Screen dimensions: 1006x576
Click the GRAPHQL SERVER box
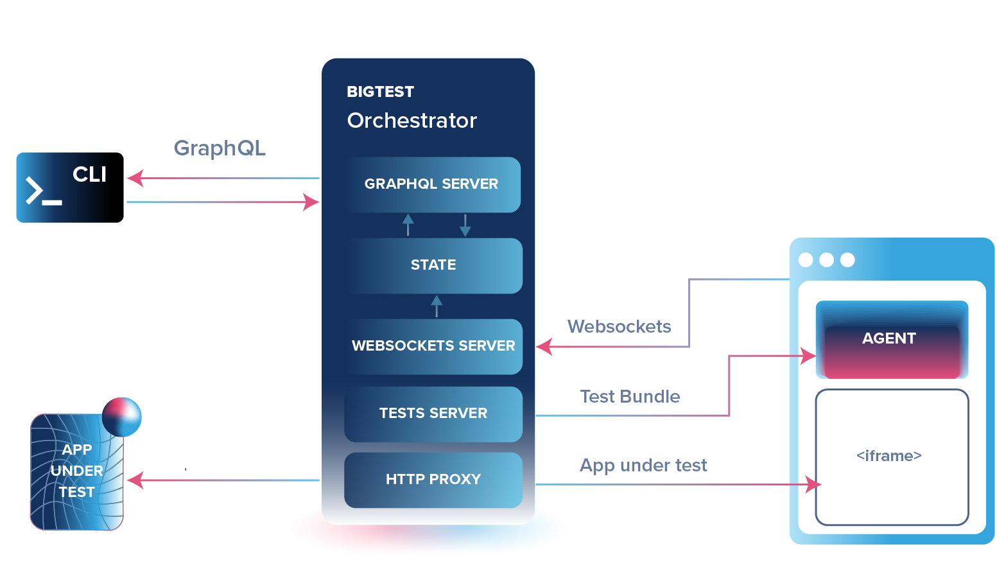click(x=433, y=185)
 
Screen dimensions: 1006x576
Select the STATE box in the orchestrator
click(x=433, y=266)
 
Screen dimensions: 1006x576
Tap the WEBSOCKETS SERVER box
click(x=433, y=346)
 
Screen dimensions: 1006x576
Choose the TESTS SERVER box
click(x=433, y=414)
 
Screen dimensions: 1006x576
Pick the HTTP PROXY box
click(x=433, y=480)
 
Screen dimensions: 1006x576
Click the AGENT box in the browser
click(x=892, y=340)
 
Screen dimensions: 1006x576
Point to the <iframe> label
click(x=889, y=455)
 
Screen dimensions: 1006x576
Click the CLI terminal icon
click(x=70, y=188)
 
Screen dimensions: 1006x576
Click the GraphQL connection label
click(x=220, y=148)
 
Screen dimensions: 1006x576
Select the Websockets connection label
click(x=620, y=326)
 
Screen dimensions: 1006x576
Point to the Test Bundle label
click(x=630, y=396)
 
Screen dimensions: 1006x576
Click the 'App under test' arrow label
click(x=643, y=465)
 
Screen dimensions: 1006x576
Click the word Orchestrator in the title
click(x=412, y=121)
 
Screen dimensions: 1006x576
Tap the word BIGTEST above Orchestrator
click(x=381, y=92)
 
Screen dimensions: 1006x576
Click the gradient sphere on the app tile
click(x=122, y=417)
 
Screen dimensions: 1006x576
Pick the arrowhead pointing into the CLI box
click(x=135, y=178)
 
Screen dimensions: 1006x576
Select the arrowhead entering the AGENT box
click(x=808, y=356)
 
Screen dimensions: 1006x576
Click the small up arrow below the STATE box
click(x=437, y=306)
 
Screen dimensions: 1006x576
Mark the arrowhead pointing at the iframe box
click(x=813, y=484)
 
